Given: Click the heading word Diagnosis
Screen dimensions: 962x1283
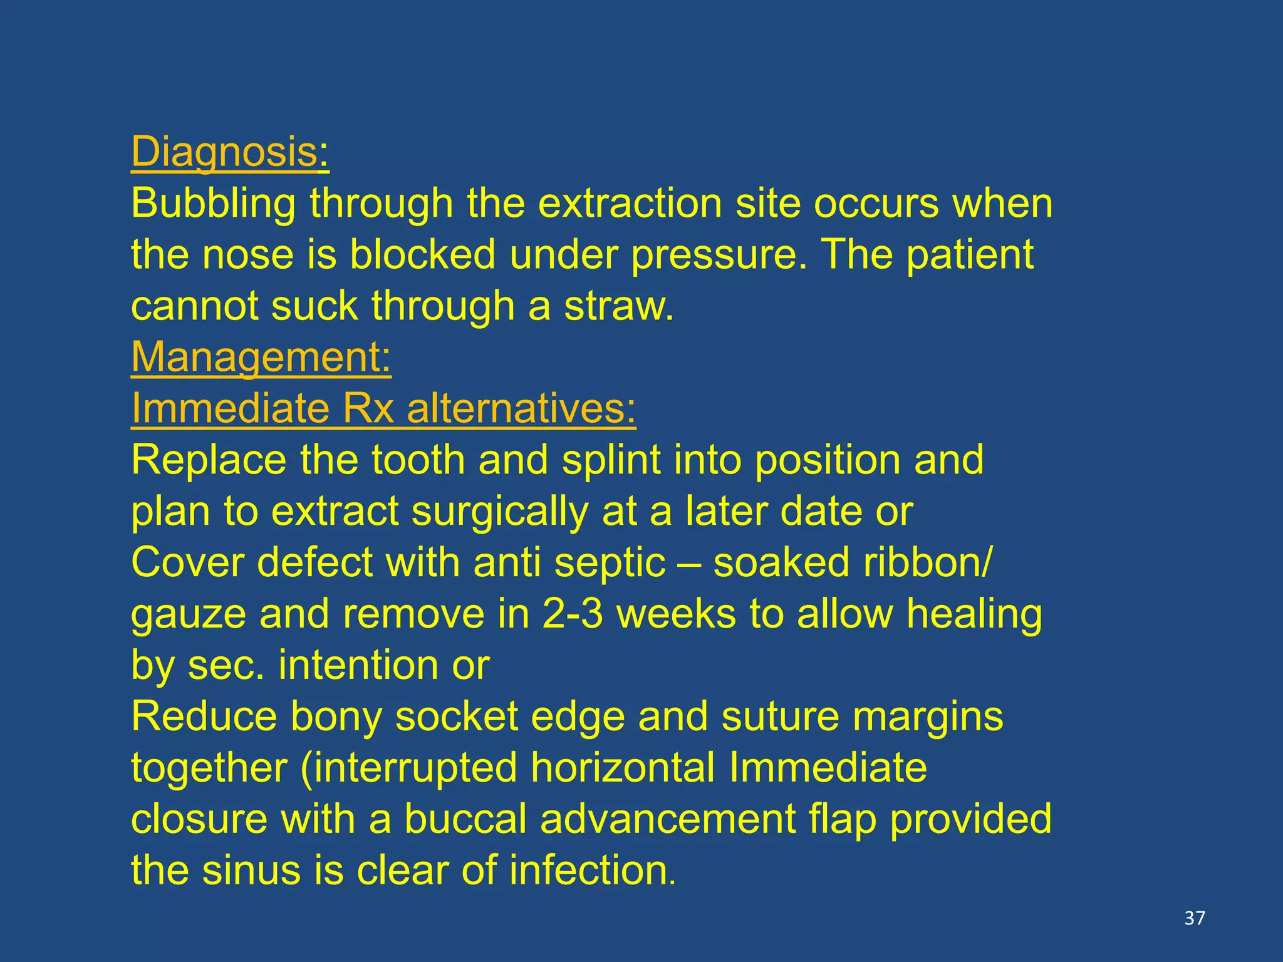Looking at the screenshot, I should click(x=224, y=152).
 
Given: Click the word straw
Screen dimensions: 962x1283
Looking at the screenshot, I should click(x=618, y=306).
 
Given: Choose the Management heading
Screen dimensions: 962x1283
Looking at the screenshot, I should click(x=261, y=358).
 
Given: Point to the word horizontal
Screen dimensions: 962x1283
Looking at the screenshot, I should click(x=623, y=768).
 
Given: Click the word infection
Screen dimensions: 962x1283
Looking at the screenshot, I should click(x=592, y=871).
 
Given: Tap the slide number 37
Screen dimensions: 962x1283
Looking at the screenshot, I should click(x=1195, y=918).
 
